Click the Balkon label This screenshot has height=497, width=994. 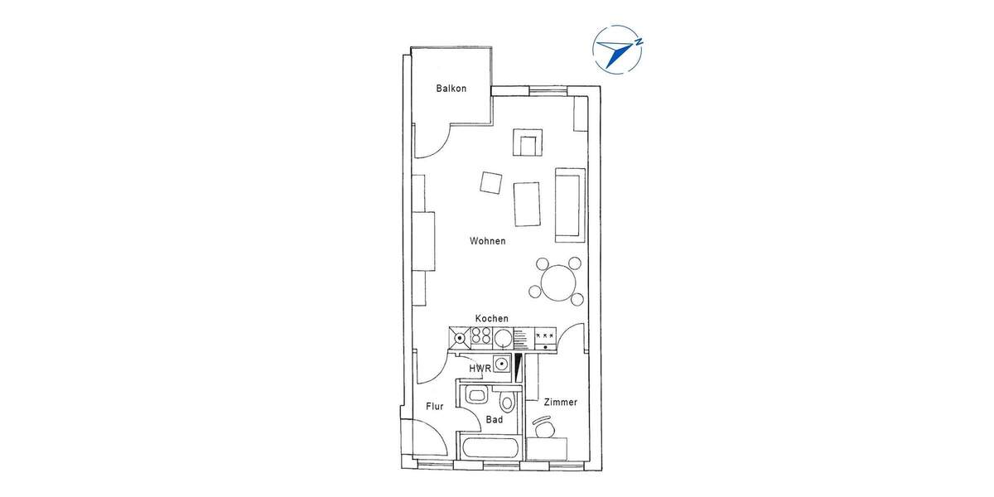[x=451, y=89]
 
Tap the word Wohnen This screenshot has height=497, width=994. [x=487, y=241]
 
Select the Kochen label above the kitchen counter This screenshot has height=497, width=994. [x=491, y=319]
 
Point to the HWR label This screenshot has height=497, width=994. [x=480, y=368]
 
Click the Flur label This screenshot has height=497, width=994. [x=435, y=407]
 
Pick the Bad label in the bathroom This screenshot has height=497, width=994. [x=495, y=420]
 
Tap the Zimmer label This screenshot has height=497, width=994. [x=560, y=403]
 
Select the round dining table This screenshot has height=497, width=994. [x=559, y=282]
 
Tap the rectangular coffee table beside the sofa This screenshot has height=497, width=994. [x=527, y=204]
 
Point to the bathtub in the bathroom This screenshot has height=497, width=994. [x=490, y=451]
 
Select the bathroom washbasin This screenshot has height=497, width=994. [x=475, y=396]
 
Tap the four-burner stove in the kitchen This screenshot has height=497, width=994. [x=481, y=337]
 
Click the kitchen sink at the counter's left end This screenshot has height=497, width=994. [x=459, y=337]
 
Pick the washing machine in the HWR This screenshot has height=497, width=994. [x=503, y=364]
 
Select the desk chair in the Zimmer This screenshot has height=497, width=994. [x=543, y=428]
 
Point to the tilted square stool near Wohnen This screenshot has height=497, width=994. [x=490, y=182]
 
